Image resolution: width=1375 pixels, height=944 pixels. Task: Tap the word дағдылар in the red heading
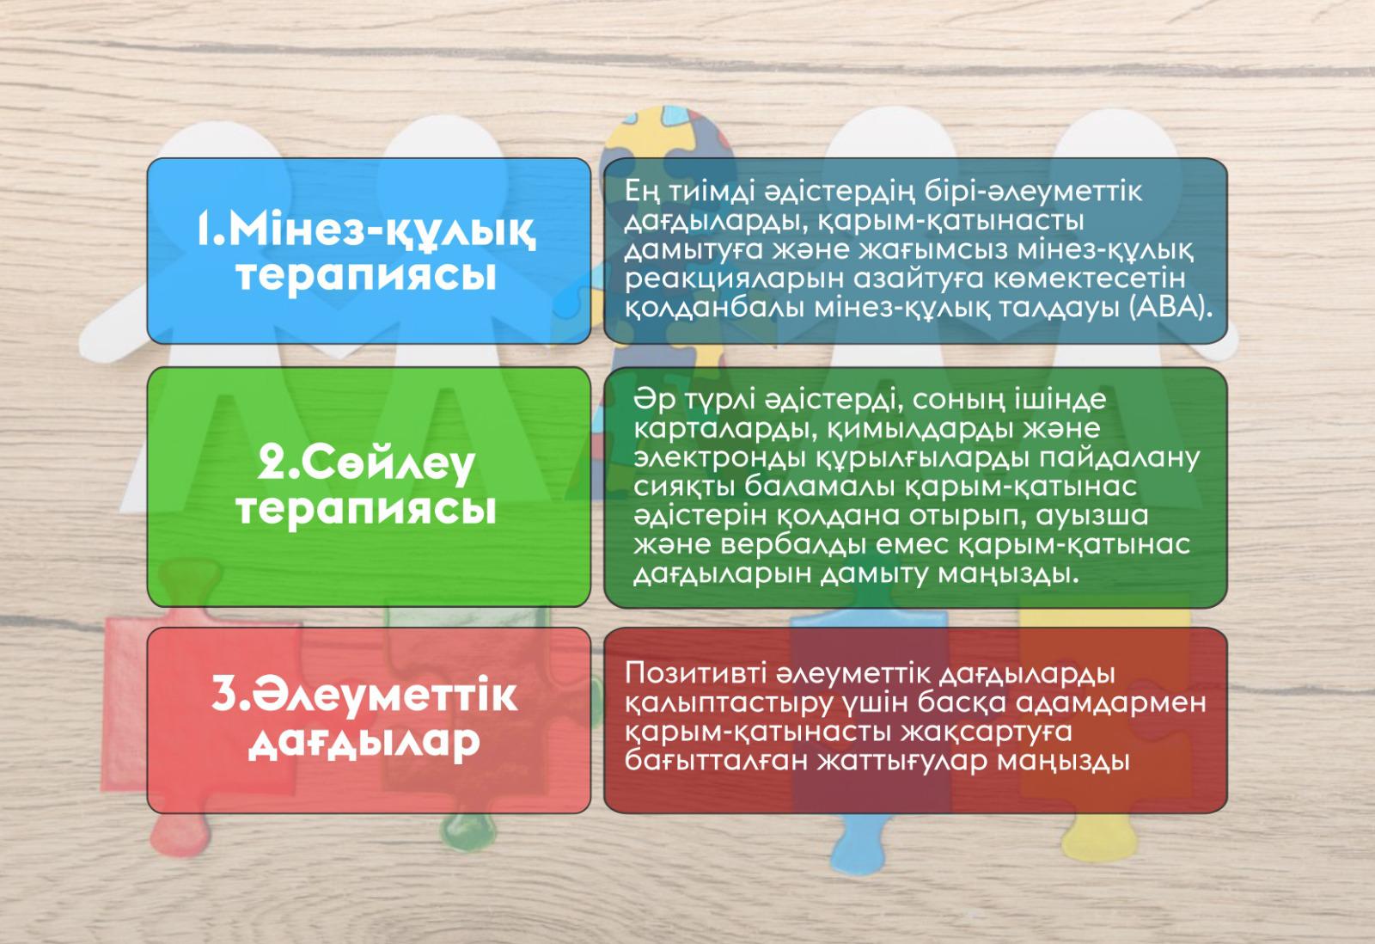click(364, 744)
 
